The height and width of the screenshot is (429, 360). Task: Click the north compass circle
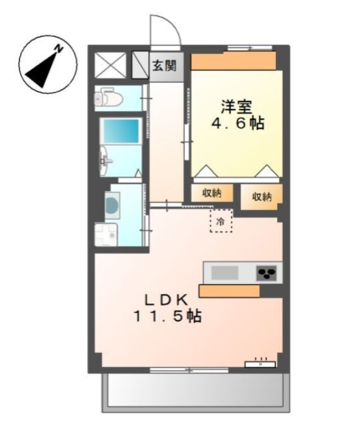tap(47, 65)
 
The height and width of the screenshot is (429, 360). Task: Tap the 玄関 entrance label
tap(166, 65)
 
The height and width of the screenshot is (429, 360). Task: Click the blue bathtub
tap(121, 130)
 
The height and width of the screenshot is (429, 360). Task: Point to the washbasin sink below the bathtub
tap(107, 162)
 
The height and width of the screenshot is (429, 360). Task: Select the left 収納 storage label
tap(211, 194)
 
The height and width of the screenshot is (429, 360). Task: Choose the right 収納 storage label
tap(262, 196)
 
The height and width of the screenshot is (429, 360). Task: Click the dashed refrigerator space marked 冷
tap(220, 221)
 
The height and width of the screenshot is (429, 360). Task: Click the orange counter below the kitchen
tap(229, 290)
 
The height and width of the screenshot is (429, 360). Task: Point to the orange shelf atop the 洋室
tap(233, 61)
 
